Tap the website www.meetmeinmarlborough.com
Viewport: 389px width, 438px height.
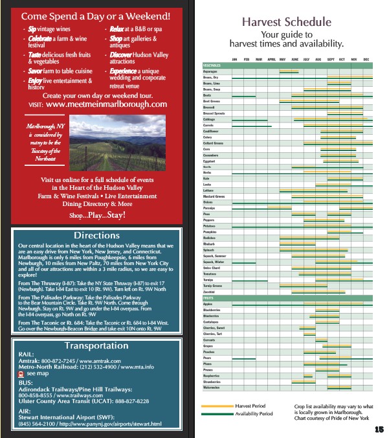107,104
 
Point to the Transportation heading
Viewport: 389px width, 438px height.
96,346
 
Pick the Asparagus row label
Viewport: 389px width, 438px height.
211,71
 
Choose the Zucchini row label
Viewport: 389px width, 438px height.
210,292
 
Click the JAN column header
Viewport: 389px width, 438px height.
235,60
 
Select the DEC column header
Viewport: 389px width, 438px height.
366,60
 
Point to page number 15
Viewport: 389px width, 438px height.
379,429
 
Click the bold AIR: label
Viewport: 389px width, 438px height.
24,411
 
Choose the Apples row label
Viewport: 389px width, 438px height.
208,303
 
